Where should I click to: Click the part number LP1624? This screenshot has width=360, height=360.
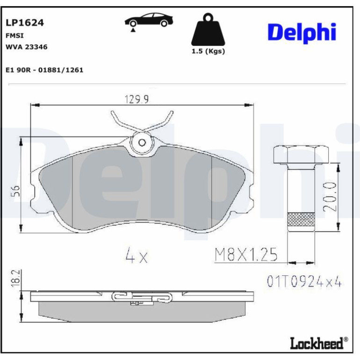(25, 23)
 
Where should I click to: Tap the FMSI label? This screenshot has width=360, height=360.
(14, 36)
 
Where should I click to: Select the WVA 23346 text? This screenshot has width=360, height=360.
(26, 47)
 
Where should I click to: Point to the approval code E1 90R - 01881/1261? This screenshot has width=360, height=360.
(44, 70)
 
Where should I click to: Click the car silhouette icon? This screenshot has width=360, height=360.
(149, 20)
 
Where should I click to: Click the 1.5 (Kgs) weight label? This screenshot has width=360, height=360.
(208, 51)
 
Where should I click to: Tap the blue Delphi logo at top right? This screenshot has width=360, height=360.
(302, 32)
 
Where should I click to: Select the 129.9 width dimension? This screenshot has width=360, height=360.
(137, 99)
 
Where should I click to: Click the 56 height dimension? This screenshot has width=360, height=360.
(15, 191)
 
